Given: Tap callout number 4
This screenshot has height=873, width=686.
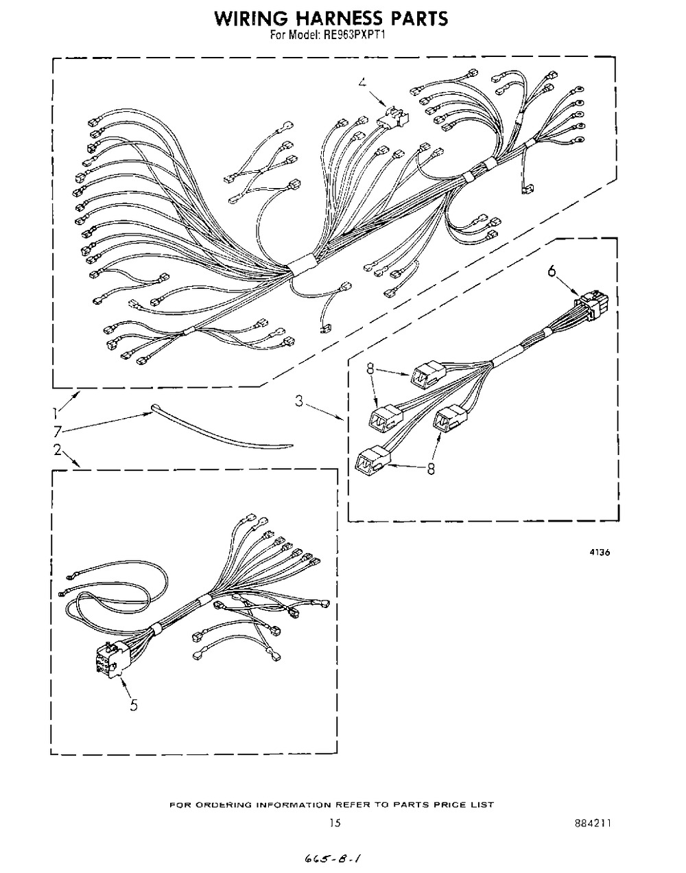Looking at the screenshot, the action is pyautogui.click(x=362, y=82).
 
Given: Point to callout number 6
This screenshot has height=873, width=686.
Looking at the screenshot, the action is pyautogui.click(x=552, y=270).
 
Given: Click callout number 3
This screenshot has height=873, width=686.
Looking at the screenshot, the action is pyautogui.click(x=299, y=401).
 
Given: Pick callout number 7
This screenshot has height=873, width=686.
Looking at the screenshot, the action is pyautogui.click(x=58, y=432).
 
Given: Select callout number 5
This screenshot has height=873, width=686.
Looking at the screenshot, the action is pyautogui.click(x=134, y=705).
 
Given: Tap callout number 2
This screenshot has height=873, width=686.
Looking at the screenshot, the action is pyautogui.click(x=58, y=450).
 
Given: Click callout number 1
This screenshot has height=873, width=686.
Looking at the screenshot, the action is pyautogui.click(x=55, y=413).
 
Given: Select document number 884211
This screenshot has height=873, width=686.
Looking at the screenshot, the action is pyautogui.click(x=592, y=823).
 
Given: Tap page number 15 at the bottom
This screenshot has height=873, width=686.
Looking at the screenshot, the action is pyautogui.click(x=335, y=823).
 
